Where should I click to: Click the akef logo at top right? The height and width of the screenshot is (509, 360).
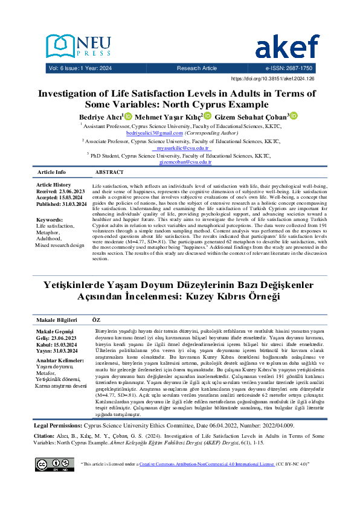[287, 47]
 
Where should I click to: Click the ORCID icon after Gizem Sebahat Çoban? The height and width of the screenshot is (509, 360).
[295, 115]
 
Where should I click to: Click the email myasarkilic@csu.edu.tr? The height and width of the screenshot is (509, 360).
[183, 148]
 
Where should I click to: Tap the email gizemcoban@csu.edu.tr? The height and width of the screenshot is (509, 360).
[185, 162]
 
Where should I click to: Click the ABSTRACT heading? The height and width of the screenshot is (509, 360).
[109, 173]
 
